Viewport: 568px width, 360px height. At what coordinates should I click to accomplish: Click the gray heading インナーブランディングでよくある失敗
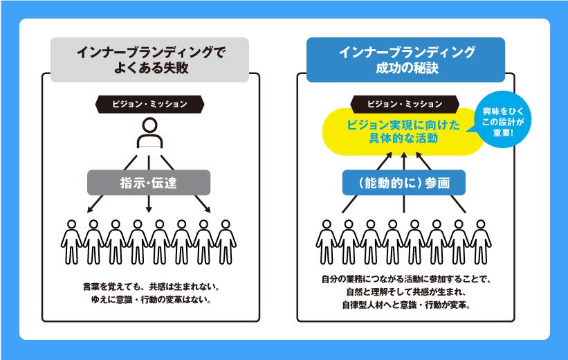pos(149,60)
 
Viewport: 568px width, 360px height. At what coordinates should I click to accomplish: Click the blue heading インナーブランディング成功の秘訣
pos(405,60)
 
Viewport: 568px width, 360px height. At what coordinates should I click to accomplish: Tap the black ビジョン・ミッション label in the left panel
pos(149,105)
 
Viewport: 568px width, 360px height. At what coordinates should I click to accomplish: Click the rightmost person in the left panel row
pos(226,242)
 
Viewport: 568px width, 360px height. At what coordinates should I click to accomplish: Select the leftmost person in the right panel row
pos(327,242)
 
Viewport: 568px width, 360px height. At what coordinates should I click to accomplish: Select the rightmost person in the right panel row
pos(482,242)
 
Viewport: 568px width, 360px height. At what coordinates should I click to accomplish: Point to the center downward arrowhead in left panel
pos(149,209)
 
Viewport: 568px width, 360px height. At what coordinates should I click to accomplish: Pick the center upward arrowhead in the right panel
pos(405,158)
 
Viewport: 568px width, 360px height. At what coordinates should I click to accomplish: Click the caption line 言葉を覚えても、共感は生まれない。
pos(149,285)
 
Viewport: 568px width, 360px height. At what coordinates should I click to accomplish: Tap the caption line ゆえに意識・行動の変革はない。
pos(149,300)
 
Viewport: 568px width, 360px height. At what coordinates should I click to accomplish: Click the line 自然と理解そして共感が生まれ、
pos(405,291)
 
